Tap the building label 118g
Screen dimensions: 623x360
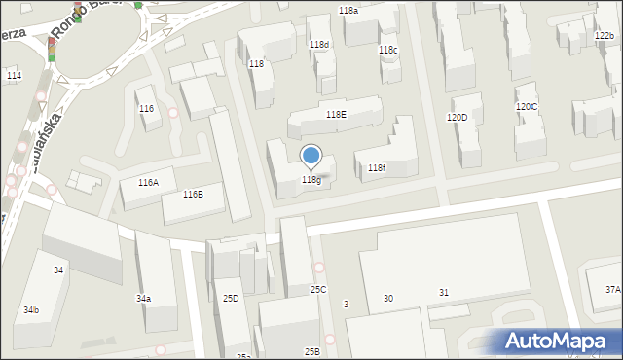311,179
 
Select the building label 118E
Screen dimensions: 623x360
336,114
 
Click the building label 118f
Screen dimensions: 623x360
377,168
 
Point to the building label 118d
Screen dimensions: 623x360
319,45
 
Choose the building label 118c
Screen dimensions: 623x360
387,50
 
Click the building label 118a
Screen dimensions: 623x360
348,10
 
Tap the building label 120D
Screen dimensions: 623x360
457,117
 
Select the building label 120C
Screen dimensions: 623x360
526,106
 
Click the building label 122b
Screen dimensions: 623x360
604,36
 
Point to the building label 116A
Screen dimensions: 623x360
148,182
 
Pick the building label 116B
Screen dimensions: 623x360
193,194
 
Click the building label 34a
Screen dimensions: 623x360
143,298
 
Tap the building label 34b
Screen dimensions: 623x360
31,309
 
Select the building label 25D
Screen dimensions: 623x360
231,298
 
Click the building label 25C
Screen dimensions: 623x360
318,289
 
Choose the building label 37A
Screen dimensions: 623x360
612,289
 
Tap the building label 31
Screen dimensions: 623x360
444,293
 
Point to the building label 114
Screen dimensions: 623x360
14,75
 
